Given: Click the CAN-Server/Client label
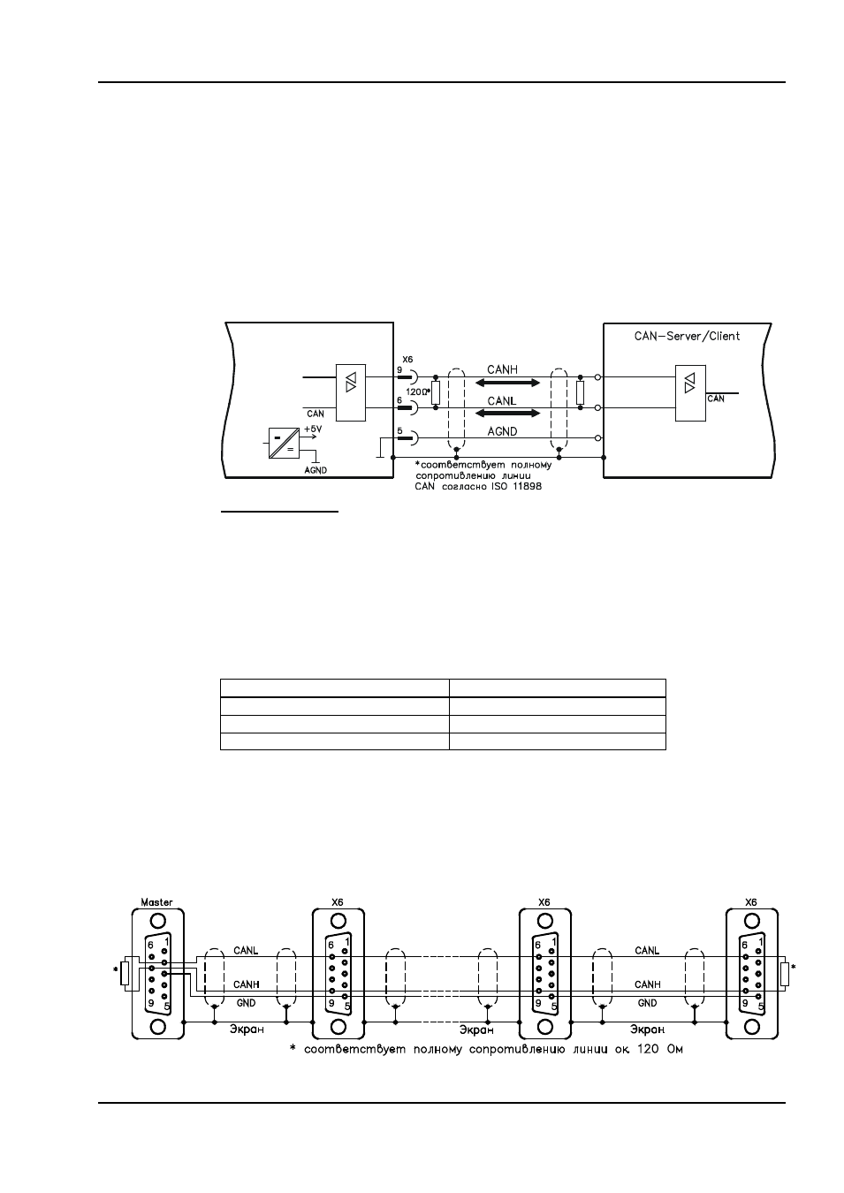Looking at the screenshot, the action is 687,336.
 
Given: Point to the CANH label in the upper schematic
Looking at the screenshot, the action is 502,369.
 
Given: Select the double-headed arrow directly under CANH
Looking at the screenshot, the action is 507,383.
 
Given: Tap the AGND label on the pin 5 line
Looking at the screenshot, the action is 502,431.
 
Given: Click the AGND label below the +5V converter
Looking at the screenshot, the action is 316,470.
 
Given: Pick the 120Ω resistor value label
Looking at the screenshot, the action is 418,391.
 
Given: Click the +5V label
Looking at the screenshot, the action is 313,428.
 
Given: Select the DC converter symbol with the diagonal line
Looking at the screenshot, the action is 284,443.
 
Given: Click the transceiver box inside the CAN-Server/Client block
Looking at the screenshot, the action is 690,393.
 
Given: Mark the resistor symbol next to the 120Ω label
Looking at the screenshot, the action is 436,392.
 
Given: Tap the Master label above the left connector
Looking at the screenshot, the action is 156,902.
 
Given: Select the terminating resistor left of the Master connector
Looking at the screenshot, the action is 125,973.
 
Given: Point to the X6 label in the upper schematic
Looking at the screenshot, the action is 407,360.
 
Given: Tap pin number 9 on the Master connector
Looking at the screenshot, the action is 151,1002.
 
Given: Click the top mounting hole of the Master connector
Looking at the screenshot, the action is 157,921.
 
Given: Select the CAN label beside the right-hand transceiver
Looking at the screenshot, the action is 716,399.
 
